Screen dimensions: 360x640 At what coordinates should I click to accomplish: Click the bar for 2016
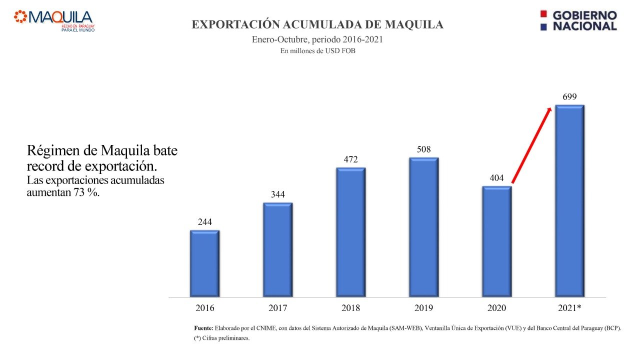(204, 263)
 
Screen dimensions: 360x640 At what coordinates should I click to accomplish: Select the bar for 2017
(277, 249)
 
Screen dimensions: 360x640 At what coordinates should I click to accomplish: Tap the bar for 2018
(350, 232)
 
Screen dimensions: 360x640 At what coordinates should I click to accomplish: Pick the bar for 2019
(423, 227)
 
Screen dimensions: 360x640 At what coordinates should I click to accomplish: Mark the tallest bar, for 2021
(569, 200)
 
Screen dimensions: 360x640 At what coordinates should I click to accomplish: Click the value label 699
(569, 96)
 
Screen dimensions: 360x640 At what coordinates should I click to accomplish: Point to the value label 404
(496, 177)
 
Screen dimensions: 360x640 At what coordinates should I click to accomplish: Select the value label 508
(423, 149)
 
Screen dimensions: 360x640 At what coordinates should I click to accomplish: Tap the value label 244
(204, 222)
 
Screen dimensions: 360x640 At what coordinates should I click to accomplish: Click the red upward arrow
(531, 145)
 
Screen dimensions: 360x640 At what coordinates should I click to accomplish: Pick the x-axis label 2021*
(569, 308)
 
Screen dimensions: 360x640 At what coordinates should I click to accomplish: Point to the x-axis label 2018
(350, 308)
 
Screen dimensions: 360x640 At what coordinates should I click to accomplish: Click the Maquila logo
(54, 20)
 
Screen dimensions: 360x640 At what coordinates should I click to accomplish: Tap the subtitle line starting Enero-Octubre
(317, 39)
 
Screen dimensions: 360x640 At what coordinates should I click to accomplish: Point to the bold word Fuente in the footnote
(203, 328)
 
